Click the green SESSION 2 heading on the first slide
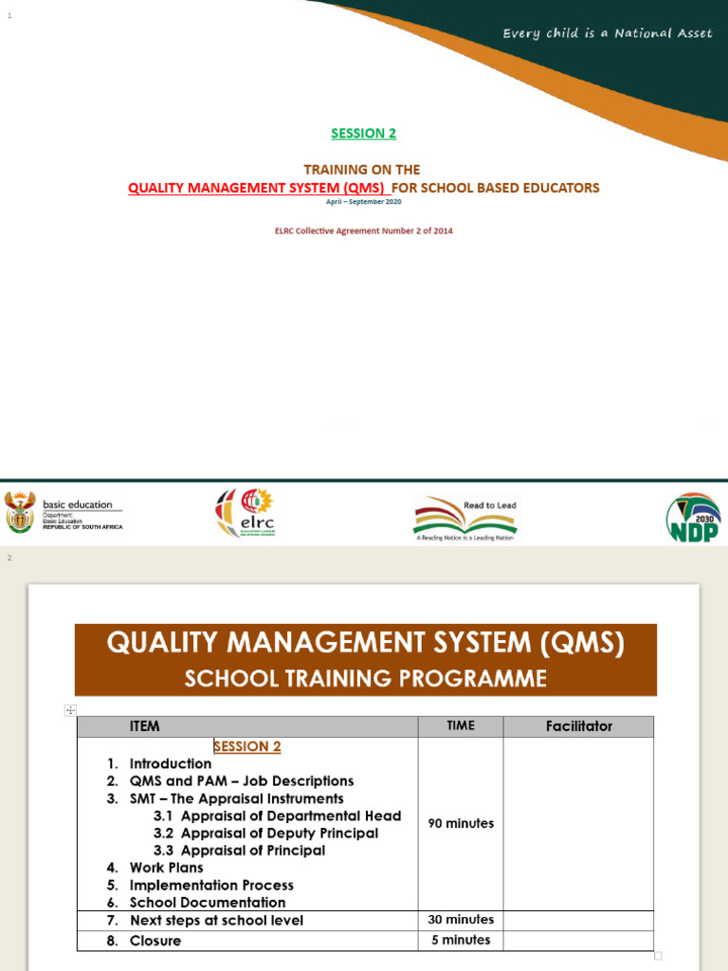click(363, 134)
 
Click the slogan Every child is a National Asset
click(607, 34)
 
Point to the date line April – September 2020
click(363, 202)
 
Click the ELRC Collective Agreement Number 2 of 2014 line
click(363, 230)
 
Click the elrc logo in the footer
click(246, 513)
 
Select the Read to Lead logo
click(464, 519)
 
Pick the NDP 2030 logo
click(693, 518)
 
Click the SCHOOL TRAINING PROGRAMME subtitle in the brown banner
click(365, 679)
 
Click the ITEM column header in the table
click(145, 726)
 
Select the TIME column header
click(461, 725)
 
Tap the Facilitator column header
click(578, 726)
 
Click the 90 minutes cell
click(461, 823)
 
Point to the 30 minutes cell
click(461, 920)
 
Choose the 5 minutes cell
click(461, 940)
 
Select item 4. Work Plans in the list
click(155, 868)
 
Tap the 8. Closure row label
click(144, 941)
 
